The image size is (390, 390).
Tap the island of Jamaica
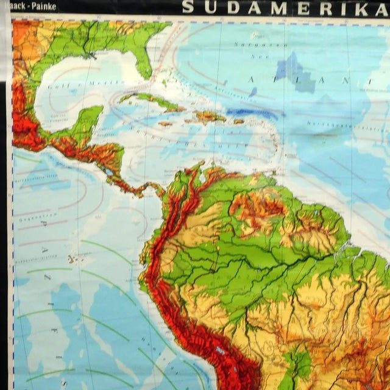point(165,124)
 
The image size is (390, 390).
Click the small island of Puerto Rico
point(238,121)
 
